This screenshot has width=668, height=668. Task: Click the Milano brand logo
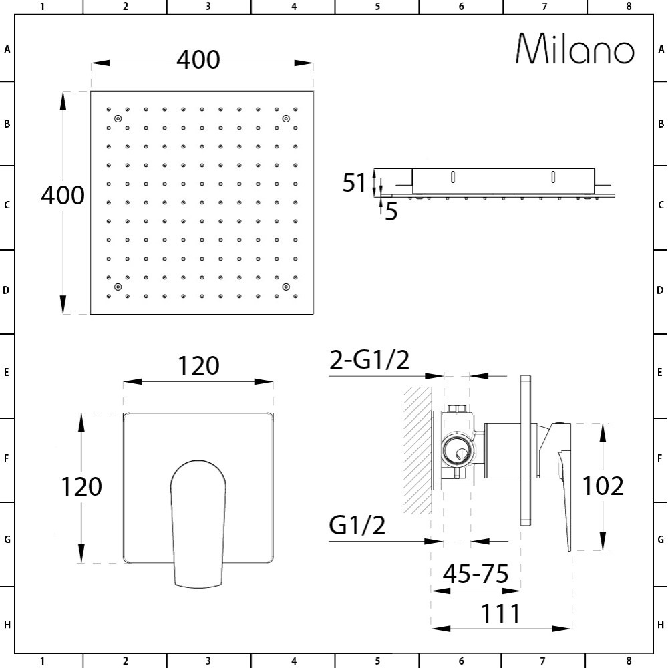[x=575, y=49]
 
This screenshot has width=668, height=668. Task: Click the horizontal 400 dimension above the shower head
[x=198, y=60]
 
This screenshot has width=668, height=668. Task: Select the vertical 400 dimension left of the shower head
[x=63, y=195]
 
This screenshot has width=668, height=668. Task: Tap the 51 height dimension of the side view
[x=355, y=182]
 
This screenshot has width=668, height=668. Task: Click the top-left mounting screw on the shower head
[x=118, y=119]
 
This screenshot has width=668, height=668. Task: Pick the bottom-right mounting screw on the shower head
[x=286, y=287]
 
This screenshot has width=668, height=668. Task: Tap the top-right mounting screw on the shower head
[x=286, y=119]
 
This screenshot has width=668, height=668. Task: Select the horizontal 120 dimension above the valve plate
[x=198, y=366]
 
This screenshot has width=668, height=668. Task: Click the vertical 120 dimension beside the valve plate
[x=81, y=486]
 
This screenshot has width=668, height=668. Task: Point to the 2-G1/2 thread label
[x=369, y=361]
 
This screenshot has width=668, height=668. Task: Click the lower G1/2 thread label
[x=357, y=526]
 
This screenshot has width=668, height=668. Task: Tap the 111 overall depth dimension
[x=501, y=613]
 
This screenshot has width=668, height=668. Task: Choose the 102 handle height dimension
[x=603, y=486]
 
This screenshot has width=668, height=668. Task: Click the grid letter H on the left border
[x=7, y=625]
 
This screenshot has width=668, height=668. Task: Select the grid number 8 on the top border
[x=629, y=7]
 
